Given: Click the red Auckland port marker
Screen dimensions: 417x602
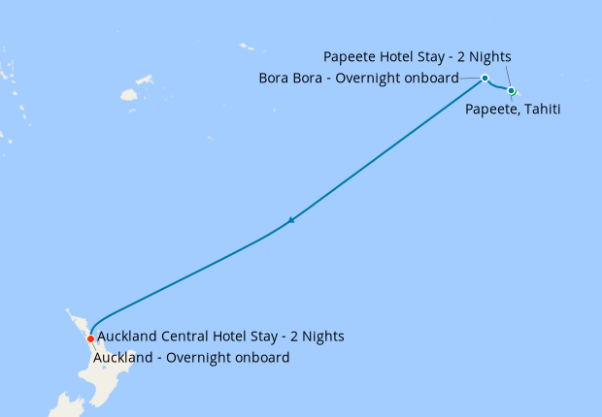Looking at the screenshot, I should pos(90,338).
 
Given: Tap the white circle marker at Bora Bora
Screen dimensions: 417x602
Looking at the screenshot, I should pos(485,78).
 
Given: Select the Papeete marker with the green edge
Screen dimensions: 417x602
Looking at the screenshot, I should pos(512,91).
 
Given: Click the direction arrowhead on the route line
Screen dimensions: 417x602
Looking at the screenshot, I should pos(290,220).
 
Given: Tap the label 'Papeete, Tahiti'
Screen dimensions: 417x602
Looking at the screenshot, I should pos(513,110).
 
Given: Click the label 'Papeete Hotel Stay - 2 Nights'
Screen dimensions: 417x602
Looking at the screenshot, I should pos(417,56).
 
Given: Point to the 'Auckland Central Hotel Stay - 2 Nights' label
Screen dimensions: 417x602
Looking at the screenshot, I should pos(221,337).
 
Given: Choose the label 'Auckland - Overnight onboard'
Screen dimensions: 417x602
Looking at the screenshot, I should pos(191,358).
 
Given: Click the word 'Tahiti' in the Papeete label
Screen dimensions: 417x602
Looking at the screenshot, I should pos(542,110).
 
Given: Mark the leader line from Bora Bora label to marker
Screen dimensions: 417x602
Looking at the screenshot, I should pos(471,78).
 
